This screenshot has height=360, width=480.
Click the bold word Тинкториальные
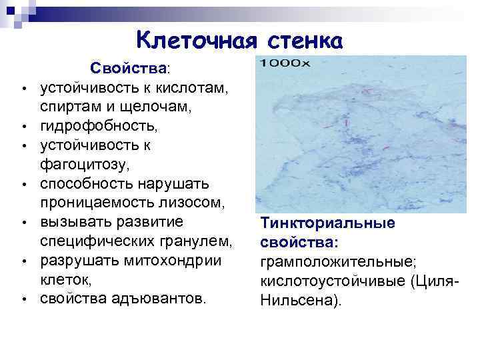(328, 223)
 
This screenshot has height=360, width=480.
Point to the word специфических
(97, 241)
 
